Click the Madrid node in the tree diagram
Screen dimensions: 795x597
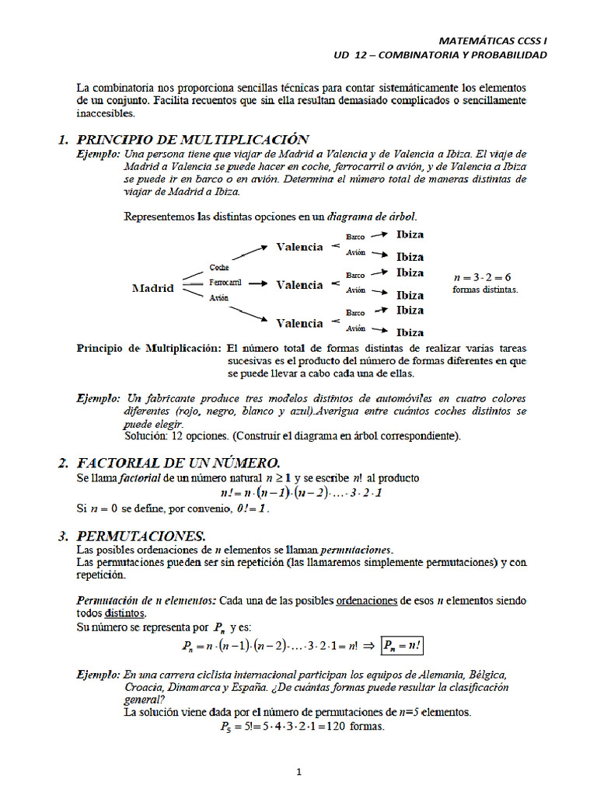(152, 288)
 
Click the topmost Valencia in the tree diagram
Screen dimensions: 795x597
(299, 247)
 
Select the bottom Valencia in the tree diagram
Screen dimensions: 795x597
(299, 323)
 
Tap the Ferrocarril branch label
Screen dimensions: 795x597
(225, 283)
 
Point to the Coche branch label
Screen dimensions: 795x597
(218, 268)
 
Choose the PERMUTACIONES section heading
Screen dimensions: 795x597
(141, 536)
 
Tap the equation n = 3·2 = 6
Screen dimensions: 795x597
(482, 277)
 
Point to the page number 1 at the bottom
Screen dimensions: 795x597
(298, 772)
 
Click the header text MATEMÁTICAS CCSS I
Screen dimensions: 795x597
(493, 39)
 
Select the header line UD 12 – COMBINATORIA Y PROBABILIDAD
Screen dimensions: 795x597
(440, 55)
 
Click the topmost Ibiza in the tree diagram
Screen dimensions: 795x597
(410, 234)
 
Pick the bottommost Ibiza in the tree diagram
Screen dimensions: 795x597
(410, 332)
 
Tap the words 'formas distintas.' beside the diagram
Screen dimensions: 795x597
(484, 290)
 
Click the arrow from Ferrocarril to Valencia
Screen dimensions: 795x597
(259, 284)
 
